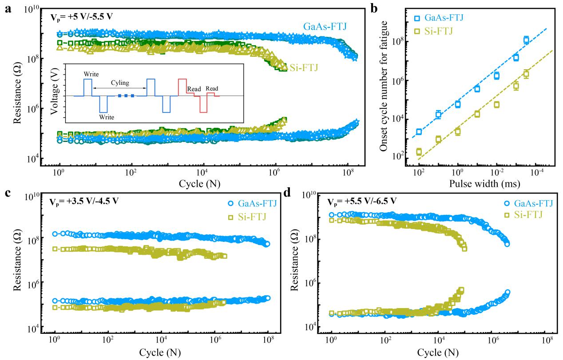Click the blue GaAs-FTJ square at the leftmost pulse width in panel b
click(x=419, y=132)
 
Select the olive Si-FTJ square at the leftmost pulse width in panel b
click(x=419, y=152)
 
